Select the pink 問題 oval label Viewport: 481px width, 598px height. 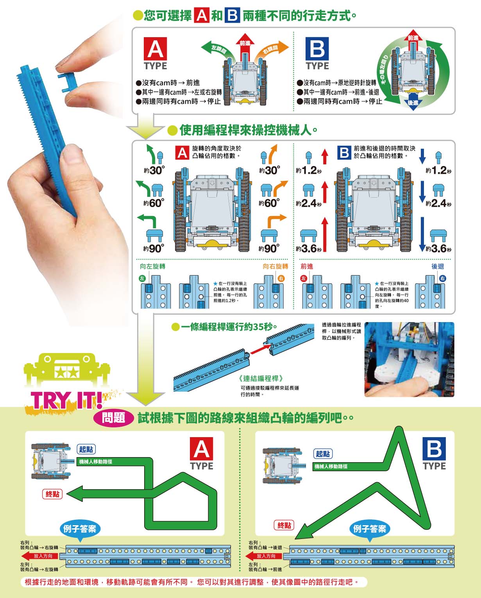114,418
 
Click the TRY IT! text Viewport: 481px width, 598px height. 66,400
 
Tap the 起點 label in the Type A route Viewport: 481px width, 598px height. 86,449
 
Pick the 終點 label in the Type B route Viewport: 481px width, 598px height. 284,525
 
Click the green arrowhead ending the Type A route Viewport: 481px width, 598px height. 74,494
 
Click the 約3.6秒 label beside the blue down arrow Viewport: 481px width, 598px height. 438,249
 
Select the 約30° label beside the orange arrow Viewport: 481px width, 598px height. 270,170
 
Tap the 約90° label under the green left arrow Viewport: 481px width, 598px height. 154,249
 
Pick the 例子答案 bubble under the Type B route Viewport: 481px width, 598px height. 369,530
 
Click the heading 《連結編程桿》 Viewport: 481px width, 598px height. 261,378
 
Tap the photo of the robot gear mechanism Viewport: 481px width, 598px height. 409,359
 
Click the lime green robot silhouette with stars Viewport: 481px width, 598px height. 66,369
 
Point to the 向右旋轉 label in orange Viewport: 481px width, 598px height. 275,267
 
